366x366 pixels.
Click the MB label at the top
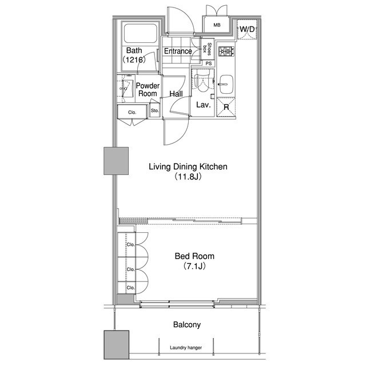click(x=217, y=25)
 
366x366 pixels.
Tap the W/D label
click(x=247, y=29)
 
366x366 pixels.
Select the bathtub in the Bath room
click(x=141, y=33)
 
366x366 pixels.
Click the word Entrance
click(x=178, y=51)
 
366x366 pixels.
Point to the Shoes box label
click(x=207, y=49)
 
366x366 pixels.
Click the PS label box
click(x=209, y=63)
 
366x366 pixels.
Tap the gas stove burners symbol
click(x=226, y=51)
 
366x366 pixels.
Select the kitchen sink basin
click(x=226, y=84)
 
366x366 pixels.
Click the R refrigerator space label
click(x=226, y=107)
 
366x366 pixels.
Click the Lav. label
click(x=204, y=105)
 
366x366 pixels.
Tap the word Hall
click(x=176, y=94)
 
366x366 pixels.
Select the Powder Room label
click(x=148, y=90)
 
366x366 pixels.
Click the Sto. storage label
click(x=154, y=110)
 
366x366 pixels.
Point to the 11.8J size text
click(x=188, y=177)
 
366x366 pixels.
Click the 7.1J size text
click(x=194, y=266)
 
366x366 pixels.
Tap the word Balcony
click(x=187, y=325)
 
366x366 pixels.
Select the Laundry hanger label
click(x=186, y=348)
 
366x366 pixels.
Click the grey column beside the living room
click(x=116, y=161)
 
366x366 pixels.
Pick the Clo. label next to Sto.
click(x=132, y=113)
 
